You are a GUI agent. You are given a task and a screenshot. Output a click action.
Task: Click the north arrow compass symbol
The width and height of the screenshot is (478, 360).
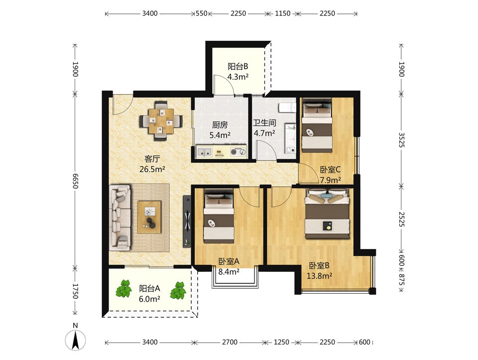tap(75, 339)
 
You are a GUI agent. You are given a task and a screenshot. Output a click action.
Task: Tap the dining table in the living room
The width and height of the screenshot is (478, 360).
tap(161, 121)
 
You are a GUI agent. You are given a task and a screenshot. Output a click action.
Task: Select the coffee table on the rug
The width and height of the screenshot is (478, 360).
tap(149, 217)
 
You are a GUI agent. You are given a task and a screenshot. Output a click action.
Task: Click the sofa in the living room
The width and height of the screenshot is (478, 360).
tap(120, 218)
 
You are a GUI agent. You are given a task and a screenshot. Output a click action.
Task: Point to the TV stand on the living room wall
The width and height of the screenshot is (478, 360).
tap(187, 221)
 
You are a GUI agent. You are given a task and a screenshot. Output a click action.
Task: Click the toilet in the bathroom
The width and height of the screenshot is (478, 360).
tap(287, 108)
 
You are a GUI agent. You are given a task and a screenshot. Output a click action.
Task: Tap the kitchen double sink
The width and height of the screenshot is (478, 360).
tap(204, 151)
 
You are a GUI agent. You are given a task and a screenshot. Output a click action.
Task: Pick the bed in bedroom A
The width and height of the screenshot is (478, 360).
tap(219, 216)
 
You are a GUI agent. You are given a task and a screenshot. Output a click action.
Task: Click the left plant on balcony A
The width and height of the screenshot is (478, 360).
tap(124, 289)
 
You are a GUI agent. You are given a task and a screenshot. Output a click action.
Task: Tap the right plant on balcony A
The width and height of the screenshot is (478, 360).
tap(178, 290)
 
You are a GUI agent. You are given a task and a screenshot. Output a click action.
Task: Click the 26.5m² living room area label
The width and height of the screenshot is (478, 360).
tap(152, 169)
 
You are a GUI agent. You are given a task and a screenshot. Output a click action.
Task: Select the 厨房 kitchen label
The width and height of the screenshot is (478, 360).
tap(220, 125)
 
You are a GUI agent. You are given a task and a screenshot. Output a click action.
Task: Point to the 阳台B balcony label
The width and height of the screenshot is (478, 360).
tap(238, 66)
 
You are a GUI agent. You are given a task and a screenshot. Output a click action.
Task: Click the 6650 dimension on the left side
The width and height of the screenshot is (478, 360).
tap(76, 181)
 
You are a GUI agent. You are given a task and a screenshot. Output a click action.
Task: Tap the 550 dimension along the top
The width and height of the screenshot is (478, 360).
tap(202, 13)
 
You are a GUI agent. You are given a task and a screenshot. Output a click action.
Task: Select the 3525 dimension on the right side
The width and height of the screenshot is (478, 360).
tap(401, 140)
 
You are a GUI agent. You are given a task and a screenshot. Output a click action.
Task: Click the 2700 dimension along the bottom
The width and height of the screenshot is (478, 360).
tap(230, 342)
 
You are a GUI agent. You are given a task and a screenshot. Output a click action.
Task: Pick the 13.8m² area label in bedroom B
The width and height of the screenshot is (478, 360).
tap(319, 276)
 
